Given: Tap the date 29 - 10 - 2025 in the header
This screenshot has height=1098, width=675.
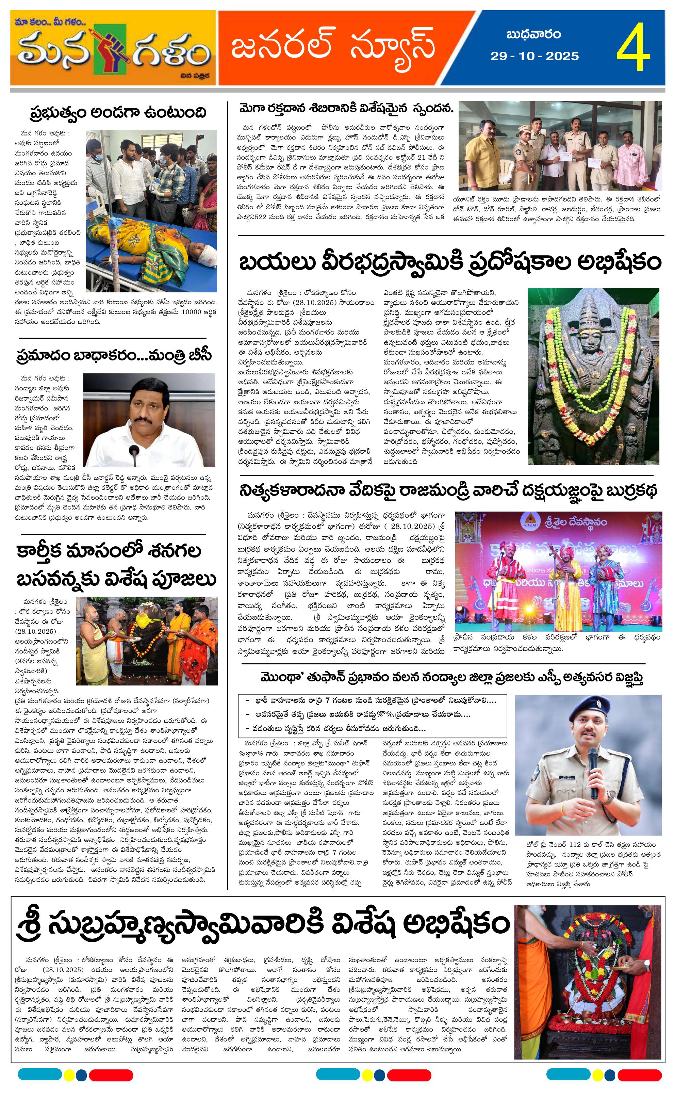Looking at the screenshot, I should coord(534,56).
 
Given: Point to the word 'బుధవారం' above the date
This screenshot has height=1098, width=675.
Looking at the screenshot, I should coord(533,34).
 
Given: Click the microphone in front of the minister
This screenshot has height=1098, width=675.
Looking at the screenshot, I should coord(134,456).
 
